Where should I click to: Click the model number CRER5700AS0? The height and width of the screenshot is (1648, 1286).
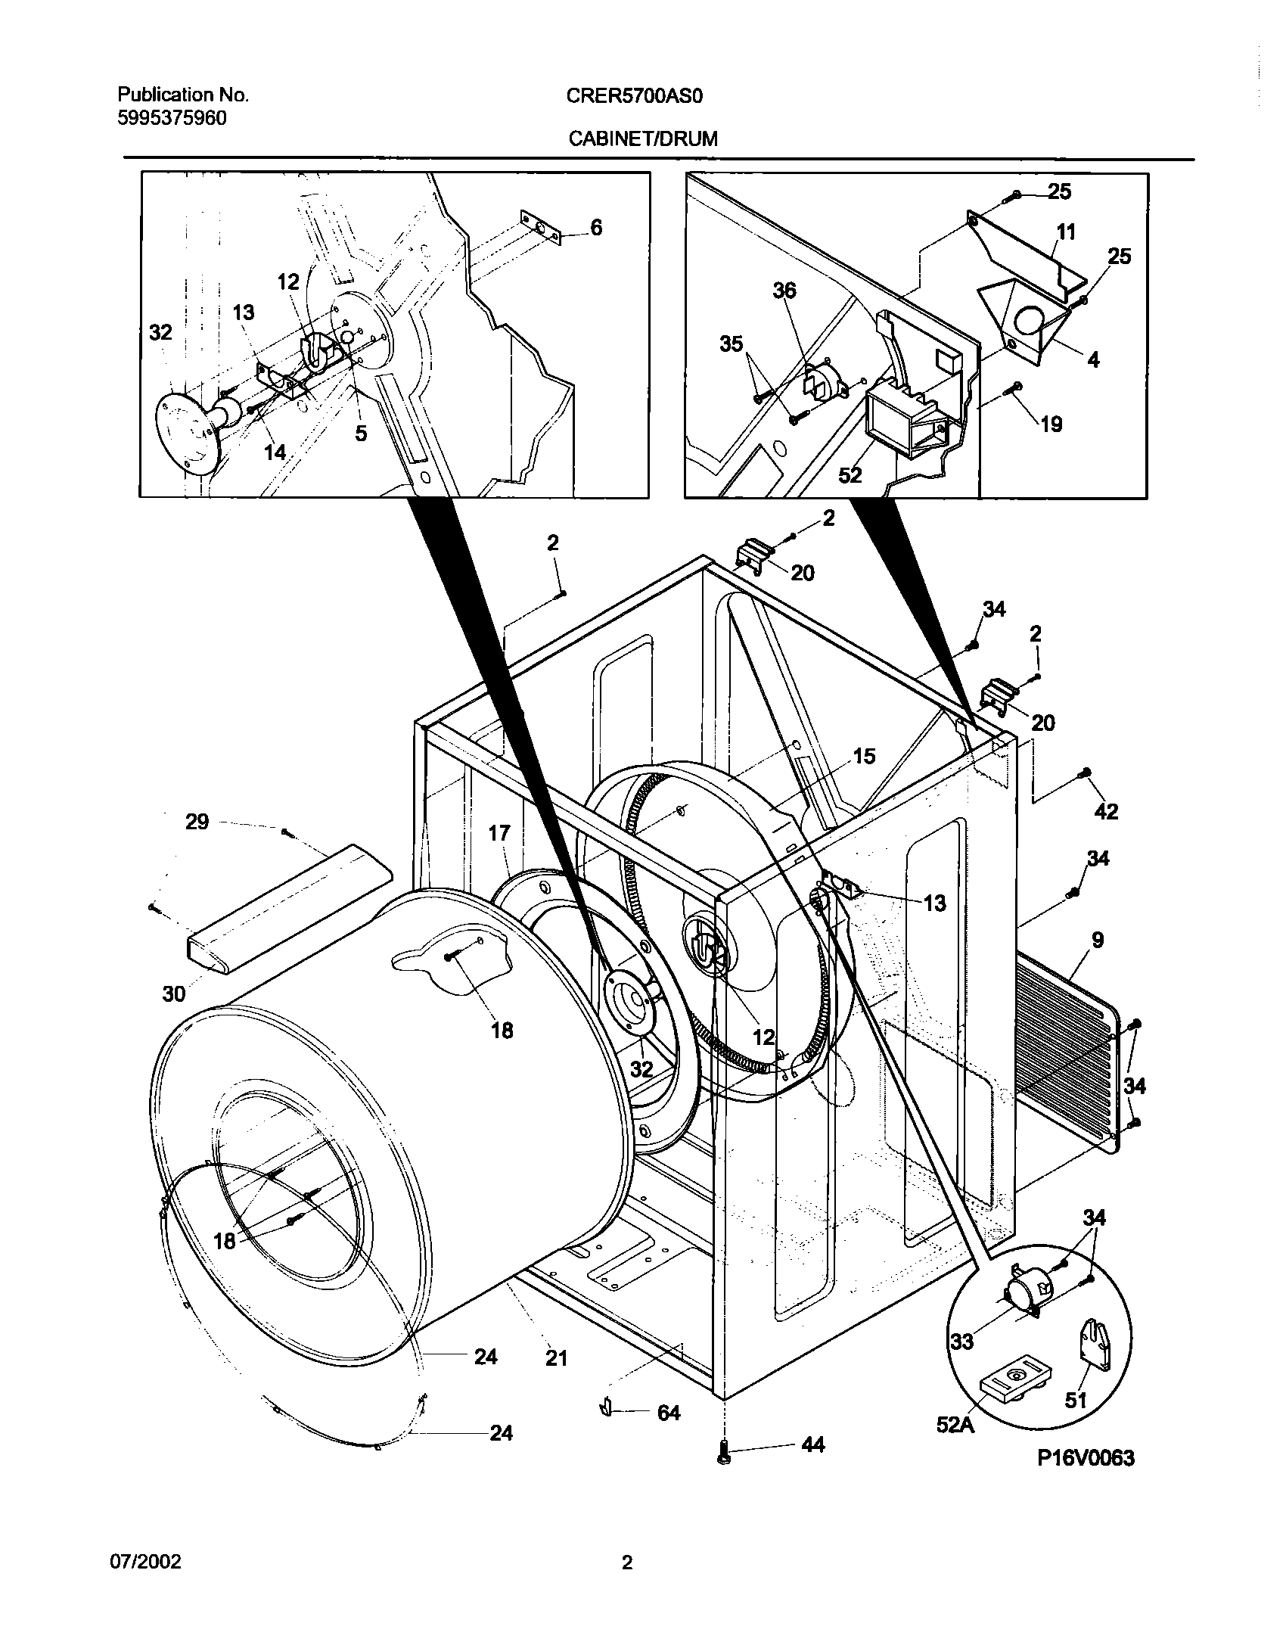pyautogui.click(x=635, y=95)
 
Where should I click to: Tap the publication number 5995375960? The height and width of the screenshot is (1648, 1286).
pyautogui.click(x=172, y=118)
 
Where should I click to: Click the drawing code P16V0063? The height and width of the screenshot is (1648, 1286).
pyautogui.click(x=1086, y=1458)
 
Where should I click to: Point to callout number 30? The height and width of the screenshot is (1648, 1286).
pyautogui.click(x=174, y=993)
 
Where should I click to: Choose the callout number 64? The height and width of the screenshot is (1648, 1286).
pyautogui.click(x=669, y=1412)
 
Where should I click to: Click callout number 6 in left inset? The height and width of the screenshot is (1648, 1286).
pyautogui.click(x=596, y=227)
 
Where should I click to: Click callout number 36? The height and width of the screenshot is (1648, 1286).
pyautogui.click(x=784, y=290)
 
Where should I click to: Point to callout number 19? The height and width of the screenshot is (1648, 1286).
pyautogui.click(x=1051, y=424)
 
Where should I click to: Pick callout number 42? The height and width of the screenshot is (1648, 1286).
pyautogui.click(x=1105, y=811)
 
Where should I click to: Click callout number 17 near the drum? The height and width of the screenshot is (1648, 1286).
pyautogui.click(x=499, y=833)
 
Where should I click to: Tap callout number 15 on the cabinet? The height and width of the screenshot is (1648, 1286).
pyautogui.click(x=863, y=756)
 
